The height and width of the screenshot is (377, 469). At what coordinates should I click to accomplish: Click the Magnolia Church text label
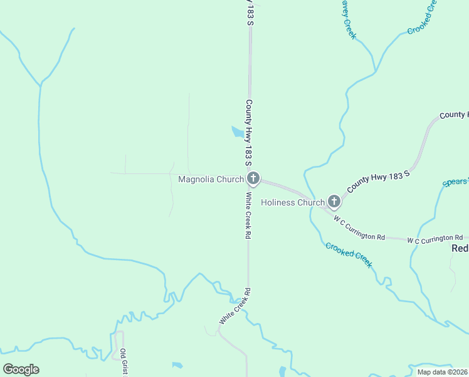211,180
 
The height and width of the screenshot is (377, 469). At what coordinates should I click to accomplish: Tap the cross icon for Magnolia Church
253,179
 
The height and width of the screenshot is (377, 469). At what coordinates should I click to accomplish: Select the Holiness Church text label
293,202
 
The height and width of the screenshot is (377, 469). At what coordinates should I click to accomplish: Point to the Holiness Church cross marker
334,202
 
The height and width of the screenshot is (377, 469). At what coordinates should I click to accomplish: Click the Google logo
21,369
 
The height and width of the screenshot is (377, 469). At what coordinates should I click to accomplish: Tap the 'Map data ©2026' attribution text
442,372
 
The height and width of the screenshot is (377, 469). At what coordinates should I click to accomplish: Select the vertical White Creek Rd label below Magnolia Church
248,215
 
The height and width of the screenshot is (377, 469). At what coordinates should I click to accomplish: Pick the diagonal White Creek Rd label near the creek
234,307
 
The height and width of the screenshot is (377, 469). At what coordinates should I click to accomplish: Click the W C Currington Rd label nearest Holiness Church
359,229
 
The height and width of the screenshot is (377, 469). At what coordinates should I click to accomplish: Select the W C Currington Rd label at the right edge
435,239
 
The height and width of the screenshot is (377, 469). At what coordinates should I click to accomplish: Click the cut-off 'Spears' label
455,182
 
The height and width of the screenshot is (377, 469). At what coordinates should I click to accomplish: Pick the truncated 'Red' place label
460,248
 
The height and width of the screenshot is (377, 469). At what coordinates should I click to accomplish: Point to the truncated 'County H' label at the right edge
453,115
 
